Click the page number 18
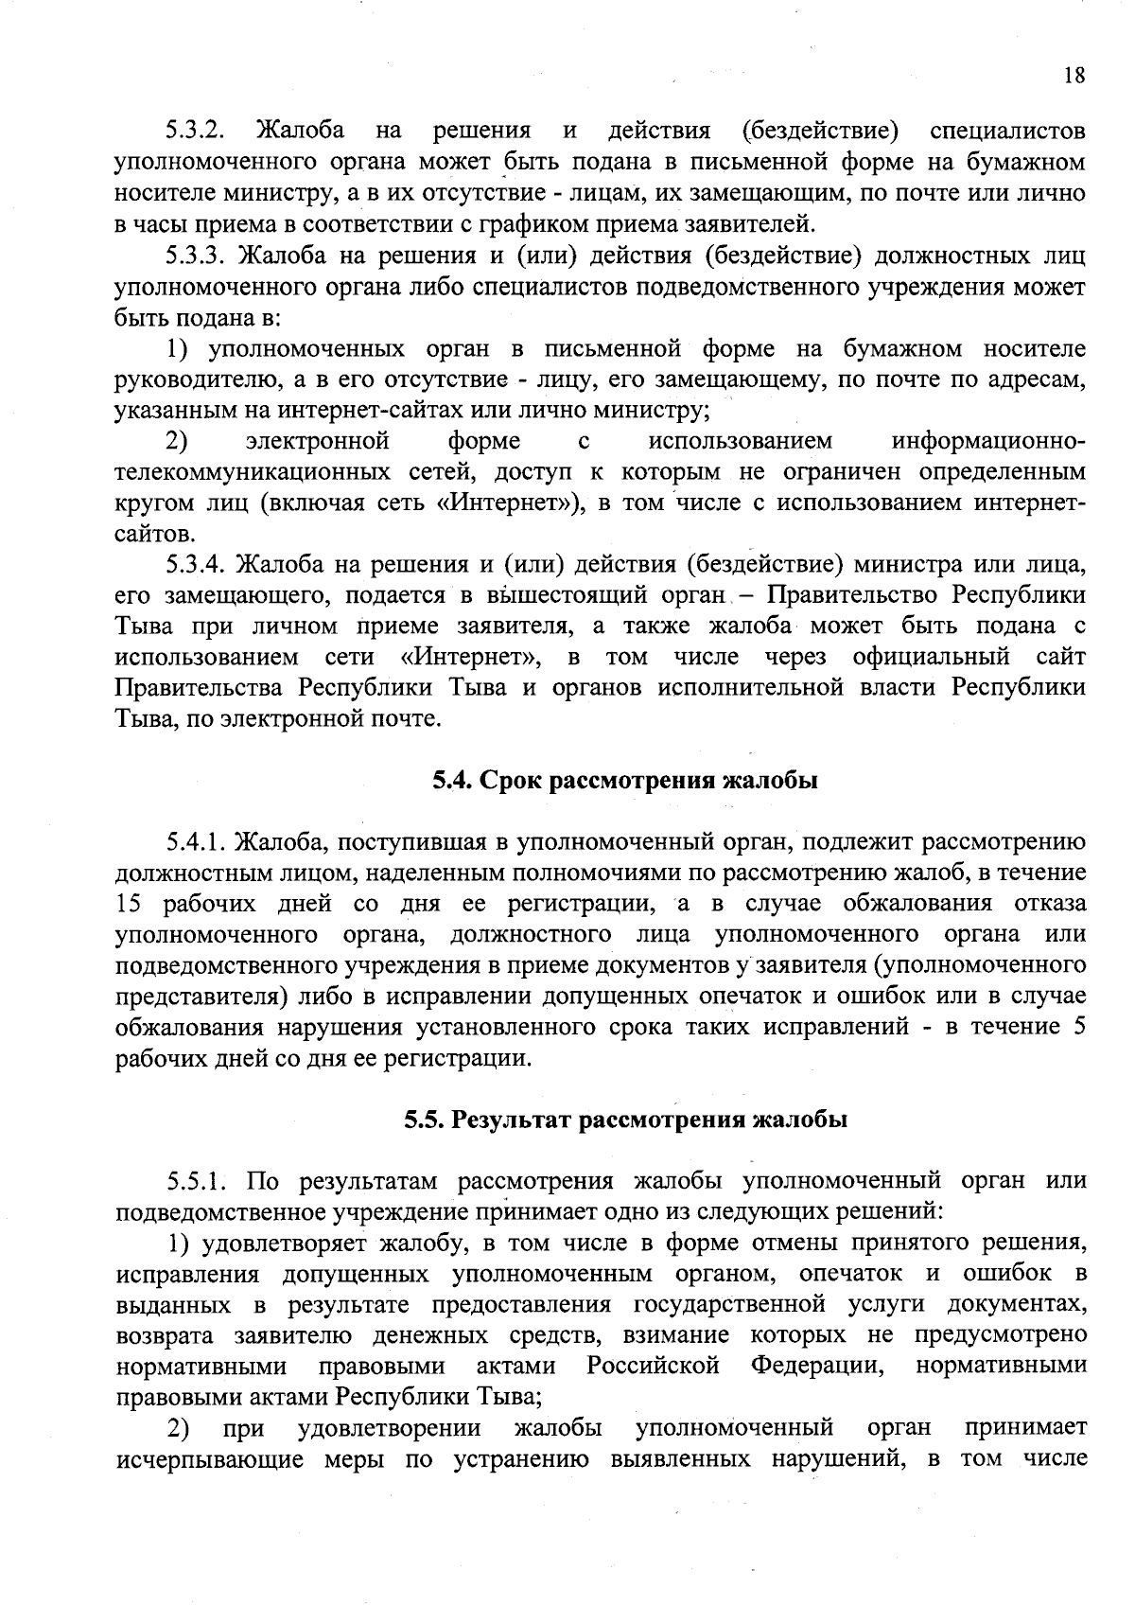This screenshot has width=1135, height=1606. tap(1074, 77)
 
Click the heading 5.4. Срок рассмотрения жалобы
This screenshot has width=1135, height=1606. tap(624, 781)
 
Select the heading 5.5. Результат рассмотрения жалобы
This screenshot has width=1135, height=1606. tap(625, 1120)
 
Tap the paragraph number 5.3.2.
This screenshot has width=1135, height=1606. tap(194, 130)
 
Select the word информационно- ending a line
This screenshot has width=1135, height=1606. tap(988, 441)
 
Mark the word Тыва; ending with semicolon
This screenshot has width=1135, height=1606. tap(507, 1397)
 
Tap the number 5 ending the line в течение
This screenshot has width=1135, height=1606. tap(1078, 1027)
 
